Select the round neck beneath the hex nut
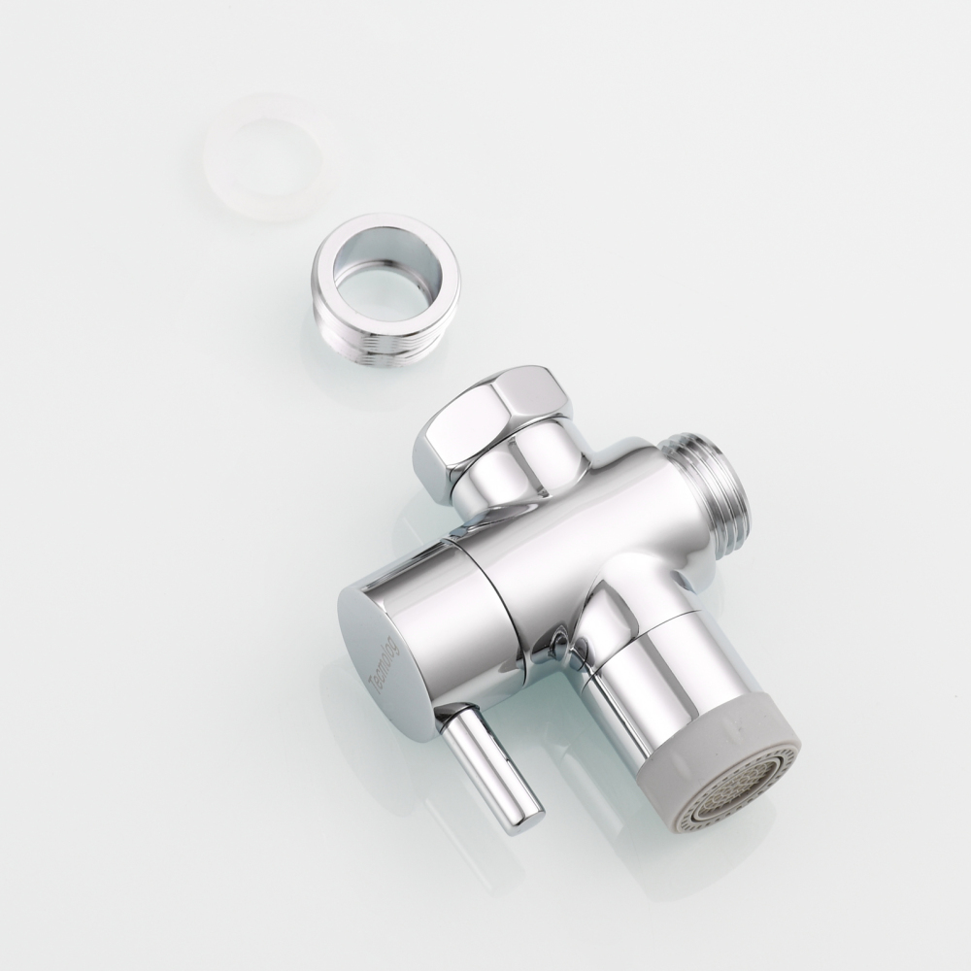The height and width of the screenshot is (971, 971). point(510,481)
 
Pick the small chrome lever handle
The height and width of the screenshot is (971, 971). point(490,767)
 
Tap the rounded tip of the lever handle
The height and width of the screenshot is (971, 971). point(524,820)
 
